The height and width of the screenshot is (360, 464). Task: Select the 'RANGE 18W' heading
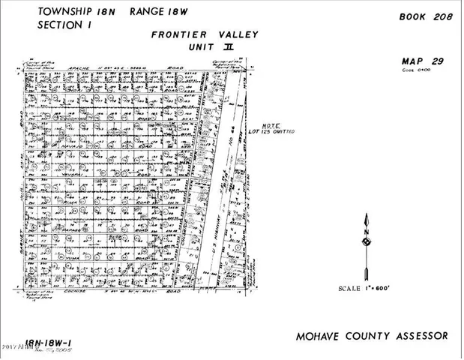coord(154,12)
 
